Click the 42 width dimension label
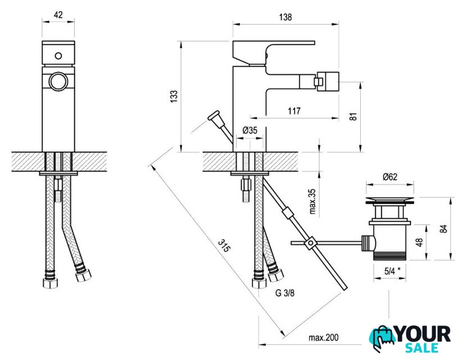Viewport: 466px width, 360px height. (58, 16)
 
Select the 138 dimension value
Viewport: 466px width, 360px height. (285, 17)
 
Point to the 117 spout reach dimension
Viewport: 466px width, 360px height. (293, 111)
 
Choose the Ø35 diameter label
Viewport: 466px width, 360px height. (250, 130)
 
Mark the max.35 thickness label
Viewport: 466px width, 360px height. (313, 202)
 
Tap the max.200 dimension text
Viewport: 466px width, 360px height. (323, 337)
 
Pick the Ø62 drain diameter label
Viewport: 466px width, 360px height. (390, 177)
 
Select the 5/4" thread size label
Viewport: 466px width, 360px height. (392, 271)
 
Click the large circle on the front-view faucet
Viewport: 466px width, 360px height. (58, 82)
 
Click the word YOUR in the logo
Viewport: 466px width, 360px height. (422, 334)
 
